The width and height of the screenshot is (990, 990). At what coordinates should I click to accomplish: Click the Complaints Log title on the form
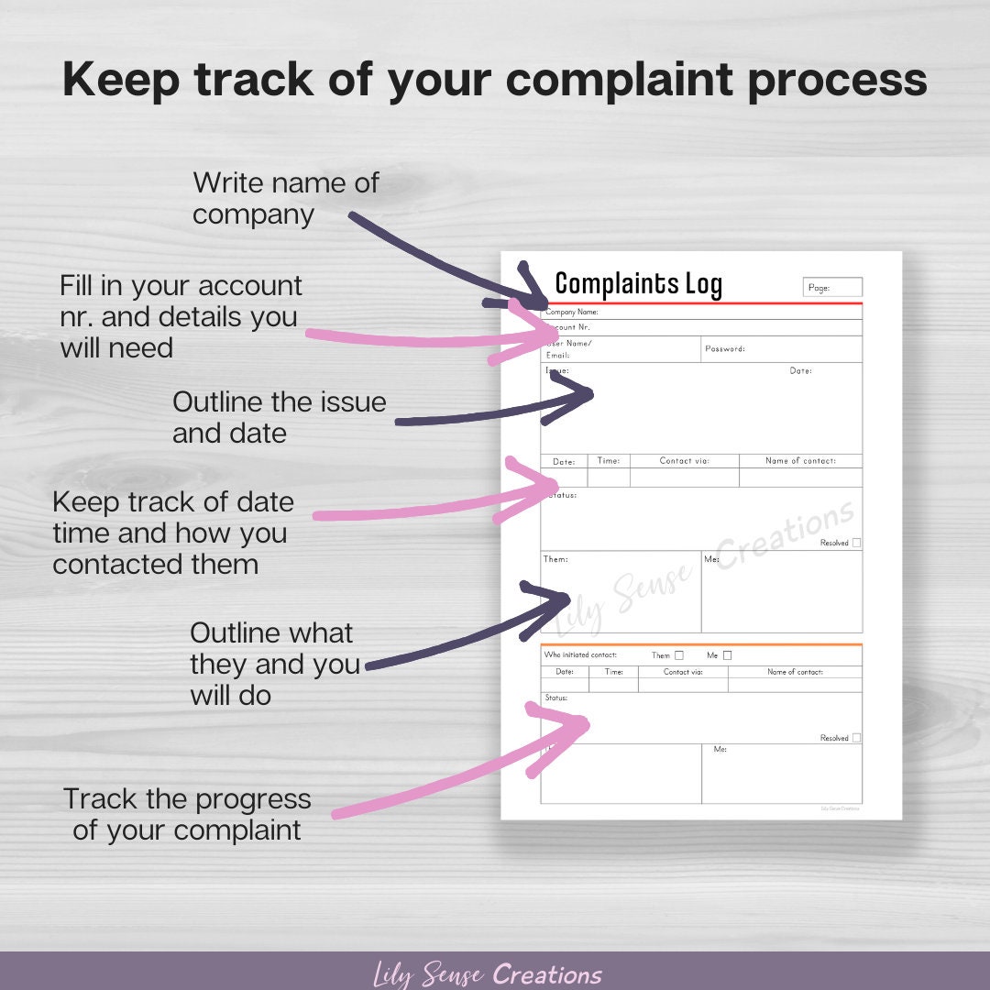click(638, 283)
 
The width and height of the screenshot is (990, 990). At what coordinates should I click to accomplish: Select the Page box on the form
click(832, 288)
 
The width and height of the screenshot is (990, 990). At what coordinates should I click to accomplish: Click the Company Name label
click(572, 313)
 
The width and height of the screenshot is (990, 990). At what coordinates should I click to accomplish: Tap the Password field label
click(724, 349)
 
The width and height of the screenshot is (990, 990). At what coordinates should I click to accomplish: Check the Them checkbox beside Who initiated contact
click(679, 655)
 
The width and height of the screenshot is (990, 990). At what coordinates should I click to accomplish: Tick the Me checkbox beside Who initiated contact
click(728, 655)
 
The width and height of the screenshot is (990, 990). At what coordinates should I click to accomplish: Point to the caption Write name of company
click(285, 198)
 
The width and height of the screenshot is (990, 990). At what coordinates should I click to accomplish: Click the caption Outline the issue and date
click(279, 417)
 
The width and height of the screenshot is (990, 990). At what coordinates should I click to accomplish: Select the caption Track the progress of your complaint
click(187, 815)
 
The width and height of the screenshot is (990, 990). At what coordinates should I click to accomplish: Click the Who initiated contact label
click(580, 655)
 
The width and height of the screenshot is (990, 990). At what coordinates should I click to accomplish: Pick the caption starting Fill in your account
click(181, 316)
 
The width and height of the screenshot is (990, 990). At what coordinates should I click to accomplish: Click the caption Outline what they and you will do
click(274, 664)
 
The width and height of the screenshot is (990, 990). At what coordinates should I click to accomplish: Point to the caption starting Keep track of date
click(172, 533)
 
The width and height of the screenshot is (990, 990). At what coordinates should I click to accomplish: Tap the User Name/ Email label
click(568, 349)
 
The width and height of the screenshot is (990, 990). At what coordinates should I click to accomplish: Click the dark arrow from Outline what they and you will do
click(458, 642)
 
